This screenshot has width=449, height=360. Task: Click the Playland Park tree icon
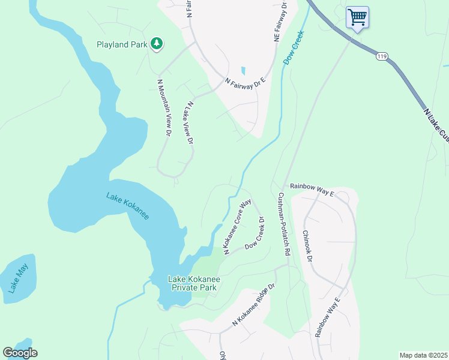click(x=157, y=43)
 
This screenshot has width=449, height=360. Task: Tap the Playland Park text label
click(x=123, y=44)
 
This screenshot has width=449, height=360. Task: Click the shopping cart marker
click(x=357, y=17)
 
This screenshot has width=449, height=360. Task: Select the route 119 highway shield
click(x=382, y=56)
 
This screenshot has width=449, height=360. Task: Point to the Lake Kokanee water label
click(x=127, y=205)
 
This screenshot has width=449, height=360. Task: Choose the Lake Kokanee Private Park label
click(x=193, y=283)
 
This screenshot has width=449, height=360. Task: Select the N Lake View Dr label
click(x=190, y=122)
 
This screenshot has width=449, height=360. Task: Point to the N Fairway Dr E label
click(x=245, y=82)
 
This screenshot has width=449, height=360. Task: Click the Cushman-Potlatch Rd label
click(x=283, y=225)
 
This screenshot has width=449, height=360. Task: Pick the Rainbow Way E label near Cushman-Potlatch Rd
click(x=311, y=190)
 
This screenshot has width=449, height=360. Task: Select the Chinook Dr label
click(x=307, y=246)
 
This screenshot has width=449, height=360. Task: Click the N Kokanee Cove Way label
click(x=237, y=227)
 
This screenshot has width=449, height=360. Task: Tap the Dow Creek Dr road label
click(x=255, y=239)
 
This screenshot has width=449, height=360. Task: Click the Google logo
click(x=20, y=353)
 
